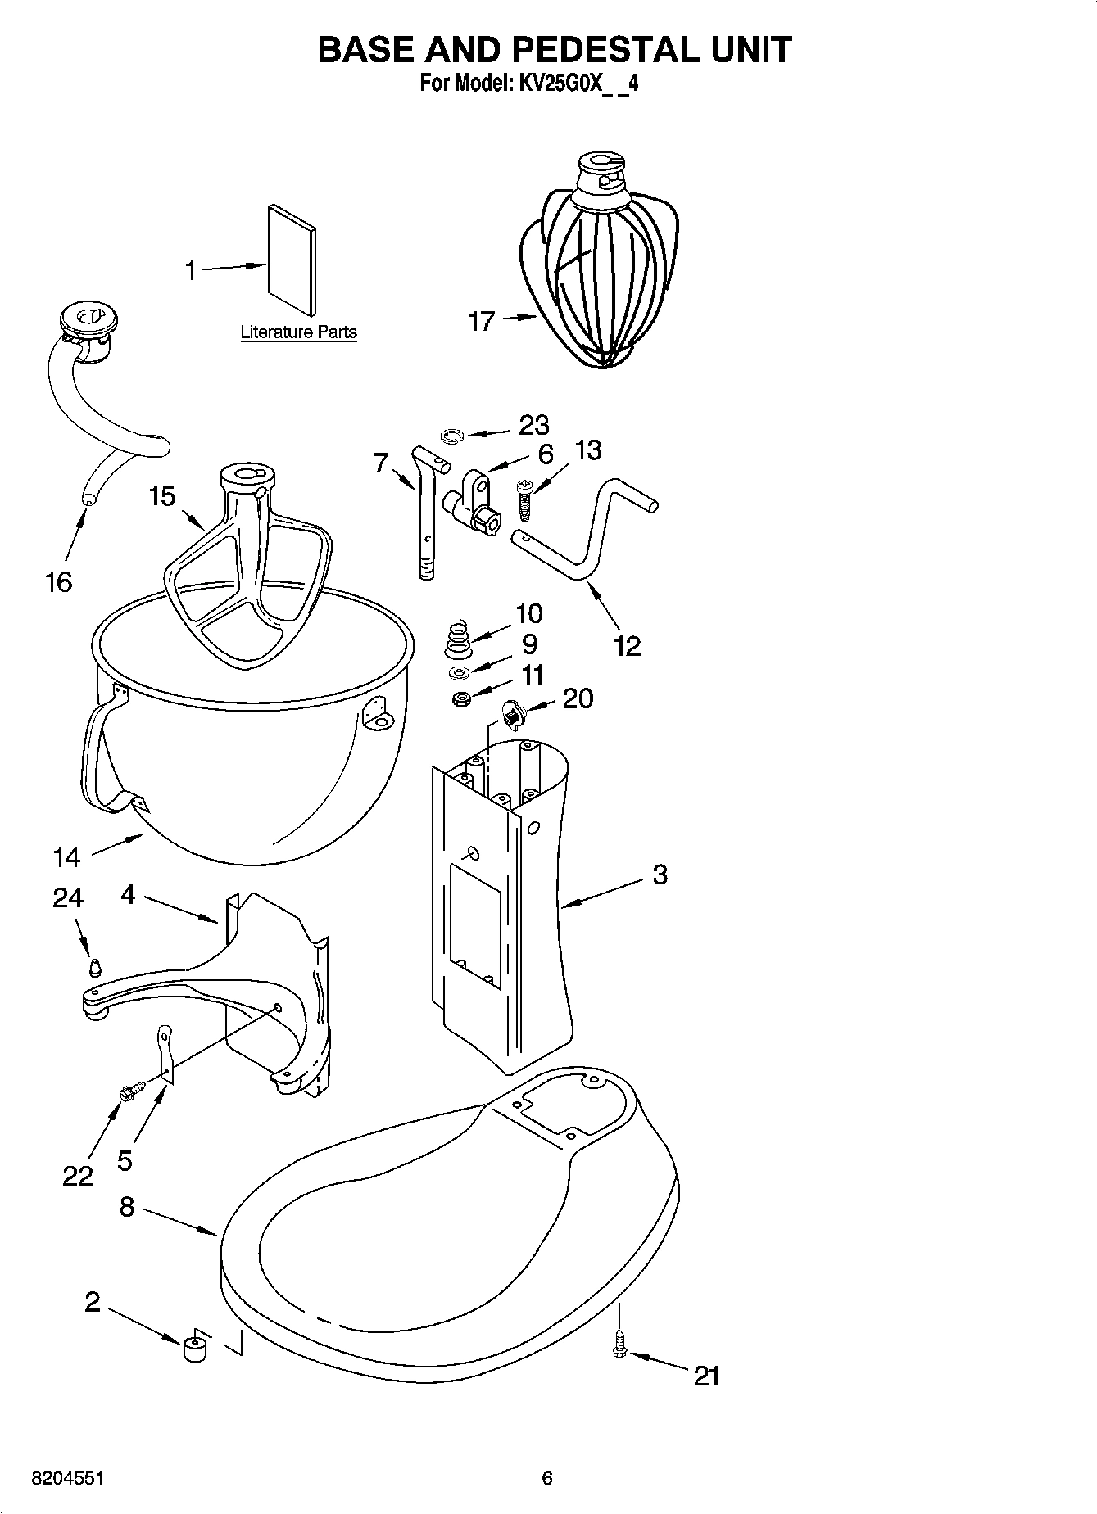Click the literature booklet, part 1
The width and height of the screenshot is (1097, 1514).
point(291,258)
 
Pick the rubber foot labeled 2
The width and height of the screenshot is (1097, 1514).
point(193,1347)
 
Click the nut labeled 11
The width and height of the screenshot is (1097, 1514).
point(461,700)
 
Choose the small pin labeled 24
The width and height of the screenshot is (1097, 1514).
point(95,966)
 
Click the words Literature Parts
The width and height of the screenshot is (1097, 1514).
point(298,332)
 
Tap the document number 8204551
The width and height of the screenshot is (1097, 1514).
point(68,1479)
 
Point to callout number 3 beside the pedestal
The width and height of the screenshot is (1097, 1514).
point(660,875)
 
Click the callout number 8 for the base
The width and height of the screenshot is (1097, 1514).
point(126,1206)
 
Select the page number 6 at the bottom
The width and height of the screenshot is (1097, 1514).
point(547,1478)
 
